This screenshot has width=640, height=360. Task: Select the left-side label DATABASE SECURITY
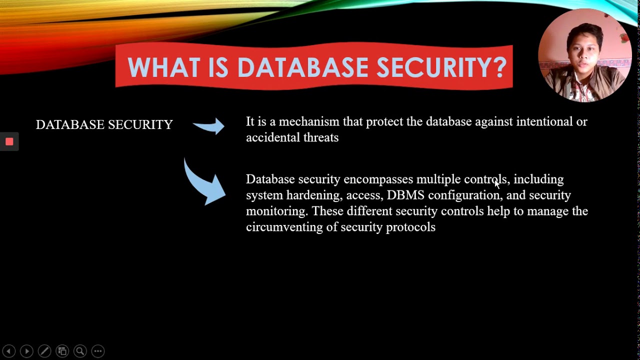coord(104,124)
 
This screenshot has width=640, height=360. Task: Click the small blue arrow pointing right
coord(209,126)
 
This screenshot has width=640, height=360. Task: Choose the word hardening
coord(314,195)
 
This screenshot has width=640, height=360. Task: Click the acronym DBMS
coord(405,195)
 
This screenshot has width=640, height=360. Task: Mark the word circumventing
coord(284,227)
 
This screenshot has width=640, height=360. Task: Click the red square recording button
coord(9,141)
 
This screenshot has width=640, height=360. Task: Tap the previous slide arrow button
coord(9,351)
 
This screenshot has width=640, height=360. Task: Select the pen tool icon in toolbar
coord(44,351)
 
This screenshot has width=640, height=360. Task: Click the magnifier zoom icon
coord(80,351)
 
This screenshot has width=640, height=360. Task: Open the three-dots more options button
coord(98,351)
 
